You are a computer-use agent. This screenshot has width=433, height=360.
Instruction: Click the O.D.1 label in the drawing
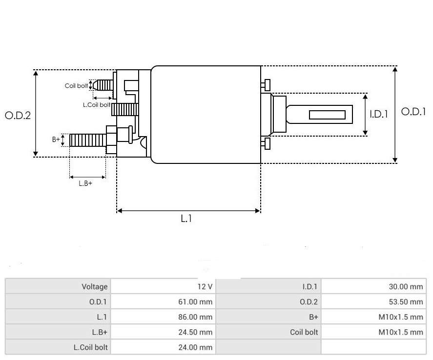pyautogui.click(x=413, y=112)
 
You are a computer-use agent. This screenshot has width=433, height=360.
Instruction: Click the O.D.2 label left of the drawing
pyautogui.click(x=18, y=116)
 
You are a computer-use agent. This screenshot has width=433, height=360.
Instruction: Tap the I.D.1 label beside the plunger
pyautogui.click(x=378, y=114)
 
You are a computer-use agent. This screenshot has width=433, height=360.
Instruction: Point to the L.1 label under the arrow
pyautogui.click(x=186, y=219)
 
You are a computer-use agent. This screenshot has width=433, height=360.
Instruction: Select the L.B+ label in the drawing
pyautogui.click(x=85, y=184)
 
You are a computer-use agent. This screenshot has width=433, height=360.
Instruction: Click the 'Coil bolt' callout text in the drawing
pyautogui.click(x=76, y=86)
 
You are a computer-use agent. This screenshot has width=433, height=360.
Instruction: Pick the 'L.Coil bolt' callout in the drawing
pyautogui.click(x=96, y=105)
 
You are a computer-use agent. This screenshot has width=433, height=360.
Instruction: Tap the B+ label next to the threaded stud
pyautogui.click(x=56, y=140)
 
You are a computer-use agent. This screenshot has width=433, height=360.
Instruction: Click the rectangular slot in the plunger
pyautogui.click(x=327, y=115)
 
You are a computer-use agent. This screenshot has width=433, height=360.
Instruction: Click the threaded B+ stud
pyautogui.click(x=87, y=140)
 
